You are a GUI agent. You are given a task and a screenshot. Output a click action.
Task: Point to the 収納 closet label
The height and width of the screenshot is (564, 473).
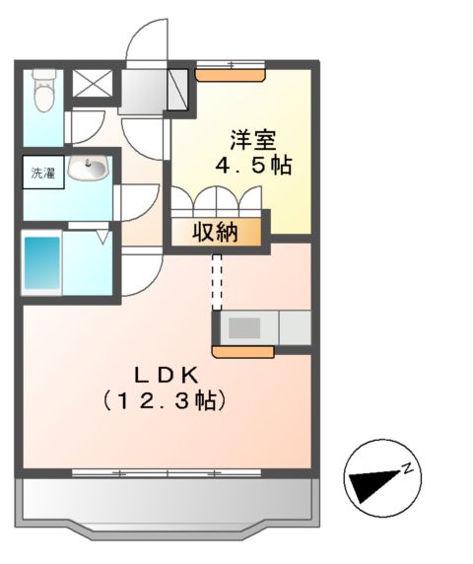(x=215, y=234)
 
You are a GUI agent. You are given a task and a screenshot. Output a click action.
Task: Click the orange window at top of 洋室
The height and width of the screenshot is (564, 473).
(x=231, y=67)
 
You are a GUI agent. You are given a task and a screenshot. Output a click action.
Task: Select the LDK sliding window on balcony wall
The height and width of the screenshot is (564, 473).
(x=167, y=474)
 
